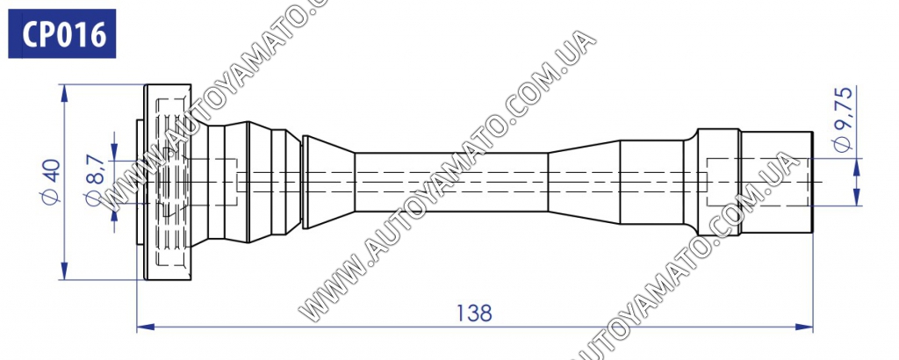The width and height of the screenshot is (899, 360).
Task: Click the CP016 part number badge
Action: click(x=62, y=33)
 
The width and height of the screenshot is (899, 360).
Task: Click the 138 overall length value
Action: click(x=474, y=313)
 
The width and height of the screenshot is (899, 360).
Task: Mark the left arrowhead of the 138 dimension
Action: click(x=146, y=328)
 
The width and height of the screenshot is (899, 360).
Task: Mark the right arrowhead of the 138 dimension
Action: click(x=805, y=328)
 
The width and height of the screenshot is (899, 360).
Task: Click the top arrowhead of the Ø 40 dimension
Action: click(x=64, y=93)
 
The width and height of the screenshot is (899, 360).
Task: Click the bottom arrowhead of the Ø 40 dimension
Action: click(x=64, y=271)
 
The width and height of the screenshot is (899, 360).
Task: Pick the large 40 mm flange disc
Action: click(x=168, y=183)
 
